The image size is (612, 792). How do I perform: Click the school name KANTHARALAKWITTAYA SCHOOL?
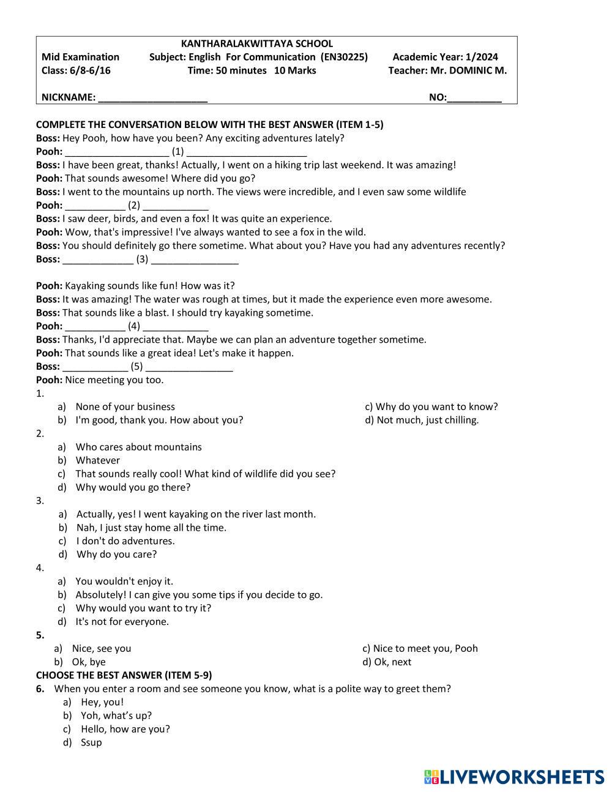[257, 43]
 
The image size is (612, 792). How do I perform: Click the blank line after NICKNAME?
[152, 97]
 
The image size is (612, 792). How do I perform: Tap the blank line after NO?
[474, 97]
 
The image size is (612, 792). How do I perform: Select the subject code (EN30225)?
[344, 57]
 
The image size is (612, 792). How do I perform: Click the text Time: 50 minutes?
[227, 70]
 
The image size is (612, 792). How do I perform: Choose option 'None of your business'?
[125, 406]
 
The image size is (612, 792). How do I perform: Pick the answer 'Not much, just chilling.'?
[427, 420]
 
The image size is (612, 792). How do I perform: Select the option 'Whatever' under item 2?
[97, 460]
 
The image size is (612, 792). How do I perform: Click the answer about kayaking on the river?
[196, 514]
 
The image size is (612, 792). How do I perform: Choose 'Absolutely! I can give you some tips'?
[199, 594]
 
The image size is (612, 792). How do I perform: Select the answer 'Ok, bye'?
[89, 662]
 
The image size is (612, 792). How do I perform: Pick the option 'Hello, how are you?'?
[125, 729]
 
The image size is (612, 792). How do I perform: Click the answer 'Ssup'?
[91, 742]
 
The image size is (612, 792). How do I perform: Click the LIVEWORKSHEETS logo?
[514, 777]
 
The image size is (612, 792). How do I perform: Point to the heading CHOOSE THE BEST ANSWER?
[124, 675]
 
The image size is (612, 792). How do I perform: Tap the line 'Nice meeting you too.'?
[114, 380]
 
